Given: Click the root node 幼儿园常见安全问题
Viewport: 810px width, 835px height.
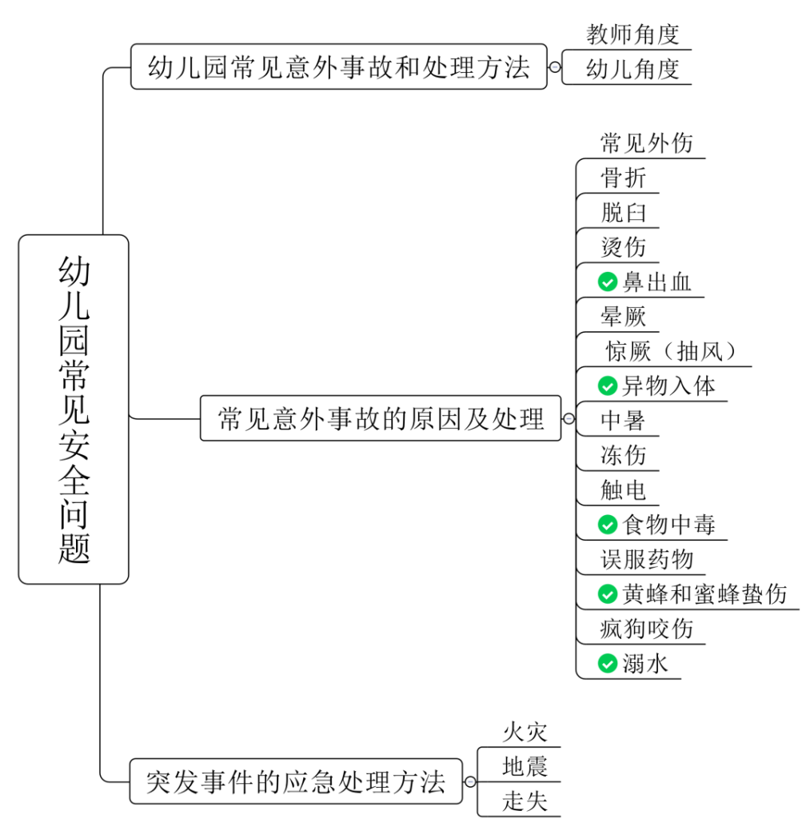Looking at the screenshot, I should click(x=74, y=409).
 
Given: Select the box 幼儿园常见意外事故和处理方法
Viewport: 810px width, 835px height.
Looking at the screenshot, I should click(x=339, y=67).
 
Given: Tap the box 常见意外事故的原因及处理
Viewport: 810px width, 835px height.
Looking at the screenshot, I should click(x=381, y=418).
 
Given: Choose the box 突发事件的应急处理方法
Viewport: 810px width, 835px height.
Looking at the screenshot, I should click(x=296, y=781).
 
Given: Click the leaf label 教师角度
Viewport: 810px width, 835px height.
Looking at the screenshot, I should click(x=632, y=34).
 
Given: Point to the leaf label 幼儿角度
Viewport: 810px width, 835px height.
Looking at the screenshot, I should click(x=632, y=69).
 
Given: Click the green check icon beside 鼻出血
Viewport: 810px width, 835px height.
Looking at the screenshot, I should click(x=608, y=282).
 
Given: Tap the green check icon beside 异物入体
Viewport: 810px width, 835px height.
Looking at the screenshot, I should click(x=608, y=386).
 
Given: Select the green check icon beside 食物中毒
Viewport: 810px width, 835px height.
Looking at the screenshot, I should click(x=608, y=525).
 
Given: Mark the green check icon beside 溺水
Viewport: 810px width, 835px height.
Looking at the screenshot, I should click(x=608, y=663).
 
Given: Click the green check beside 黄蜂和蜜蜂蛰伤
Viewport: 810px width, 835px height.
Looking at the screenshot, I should click(x=608, y=594).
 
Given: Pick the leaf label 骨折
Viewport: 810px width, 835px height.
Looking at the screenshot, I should click(x=624, y=178).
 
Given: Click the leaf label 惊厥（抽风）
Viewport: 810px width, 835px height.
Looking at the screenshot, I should click(x=670, y=351).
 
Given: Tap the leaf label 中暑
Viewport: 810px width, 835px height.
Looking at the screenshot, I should click(x=624, y=421).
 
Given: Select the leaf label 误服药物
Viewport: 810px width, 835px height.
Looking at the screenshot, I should click(x=647, y=559).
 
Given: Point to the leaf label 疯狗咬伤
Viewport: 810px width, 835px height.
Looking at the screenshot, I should click(x=647, y=629).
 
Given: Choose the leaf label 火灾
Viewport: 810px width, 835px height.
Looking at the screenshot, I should click(x=525, y=732).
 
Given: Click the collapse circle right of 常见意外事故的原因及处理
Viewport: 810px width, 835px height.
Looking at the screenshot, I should click(x=569, y=418).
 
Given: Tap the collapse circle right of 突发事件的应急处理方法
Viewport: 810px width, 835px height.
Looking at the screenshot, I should click(x=471, y=781).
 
